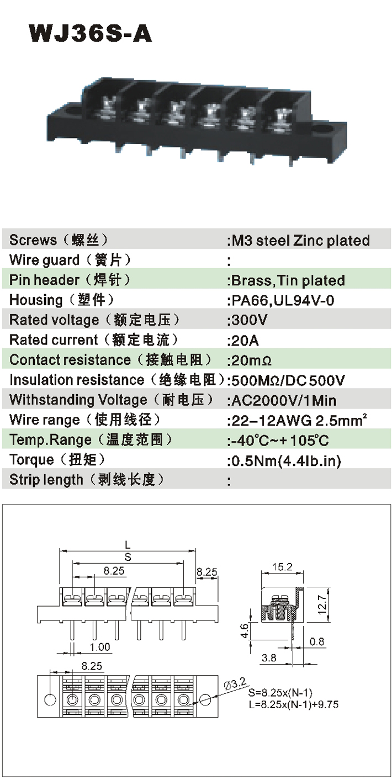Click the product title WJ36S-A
pos(91,33)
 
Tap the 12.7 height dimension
pos(322,606)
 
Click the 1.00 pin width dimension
pos(100,647)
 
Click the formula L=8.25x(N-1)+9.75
pos(293,704)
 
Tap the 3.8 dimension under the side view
pos(269,658)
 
